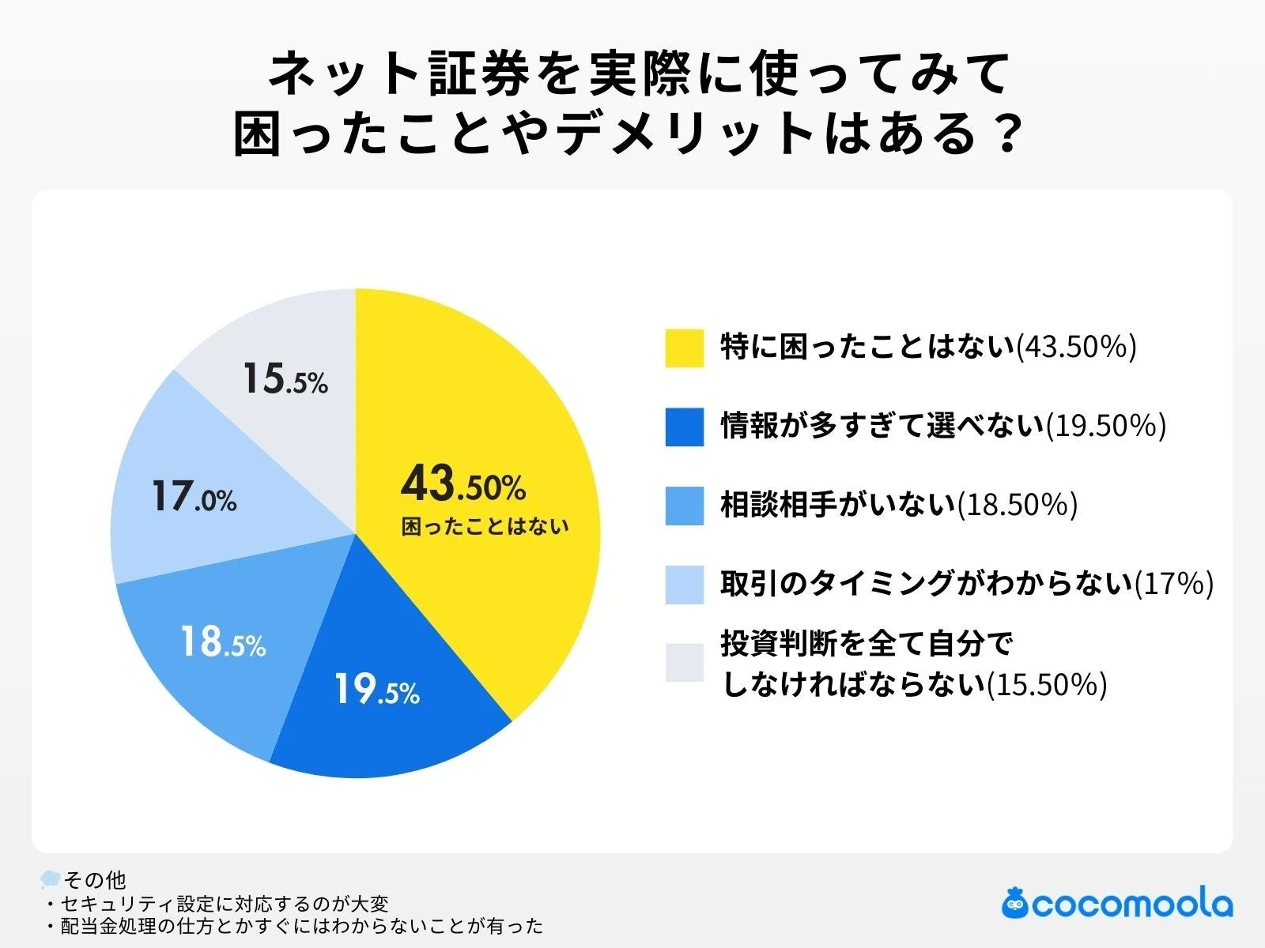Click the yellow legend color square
point(684,348)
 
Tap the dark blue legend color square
point(684,427)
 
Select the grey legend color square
point(684,662)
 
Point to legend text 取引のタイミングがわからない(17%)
point(966,584)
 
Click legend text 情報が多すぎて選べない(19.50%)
point(942,427)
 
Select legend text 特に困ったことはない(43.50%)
point(928,348)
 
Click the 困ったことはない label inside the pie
point(485,527)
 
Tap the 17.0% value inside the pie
point(194,498)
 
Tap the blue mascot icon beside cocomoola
point(1014,902)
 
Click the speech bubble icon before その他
point(50,878)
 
